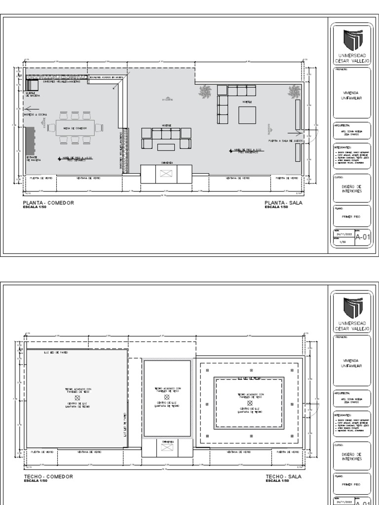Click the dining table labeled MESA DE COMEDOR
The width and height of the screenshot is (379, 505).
[x=75, y=128]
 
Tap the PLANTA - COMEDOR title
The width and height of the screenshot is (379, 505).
[x=48, y=203]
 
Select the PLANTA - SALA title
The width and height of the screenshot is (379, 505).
[x=283, y=203]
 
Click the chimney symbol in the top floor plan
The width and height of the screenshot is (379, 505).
[x=166, y=173]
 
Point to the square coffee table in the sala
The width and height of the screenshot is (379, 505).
[x=247, y=115]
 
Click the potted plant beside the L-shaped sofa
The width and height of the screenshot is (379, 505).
[x=205, y=91]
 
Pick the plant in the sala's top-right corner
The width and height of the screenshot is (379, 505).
[x=294, y=91]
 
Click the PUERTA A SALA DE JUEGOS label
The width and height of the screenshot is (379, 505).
[x=285, y=141]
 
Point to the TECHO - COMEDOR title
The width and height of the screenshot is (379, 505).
[x=48, y=477]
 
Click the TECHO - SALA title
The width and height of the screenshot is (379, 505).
[x=283, y=477]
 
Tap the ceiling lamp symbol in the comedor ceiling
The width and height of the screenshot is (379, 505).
[x=77, y=397]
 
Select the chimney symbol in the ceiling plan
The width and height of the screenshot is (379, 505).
[x=166, y=447]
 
